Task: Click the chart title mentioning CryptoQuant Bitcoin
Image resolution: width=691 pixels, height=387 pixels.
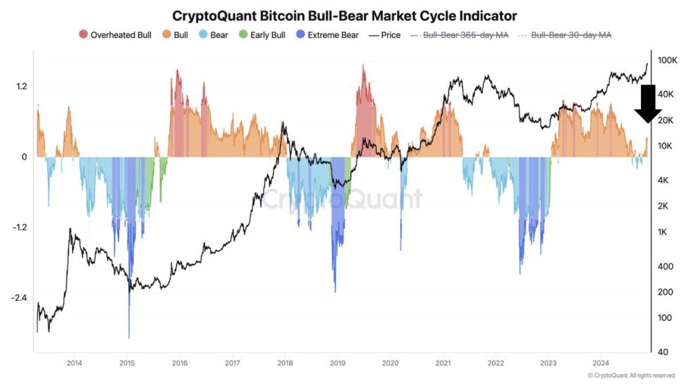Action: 345,15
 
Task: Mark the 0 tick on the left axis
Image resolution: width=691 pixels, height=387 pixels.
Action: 24,157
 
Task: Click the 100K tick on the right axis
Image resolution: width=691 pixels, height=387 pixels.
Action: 667,61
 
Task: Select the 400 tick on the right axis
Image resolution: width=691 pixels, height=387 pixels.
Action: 665,266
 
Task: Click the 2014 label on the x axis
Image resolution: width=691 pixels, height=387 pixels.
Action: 74,363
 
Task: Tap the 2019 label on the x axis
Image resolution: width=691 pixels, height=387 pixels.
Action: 337,363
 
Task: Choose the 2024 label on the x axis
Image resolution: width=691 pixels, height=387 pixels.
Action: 600,363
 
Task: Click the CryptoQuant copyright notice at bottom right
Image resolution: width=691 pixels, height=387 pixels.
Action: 630,375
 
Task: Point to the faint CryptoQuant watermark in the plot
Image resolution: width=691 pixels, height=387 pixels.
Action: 343,198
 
